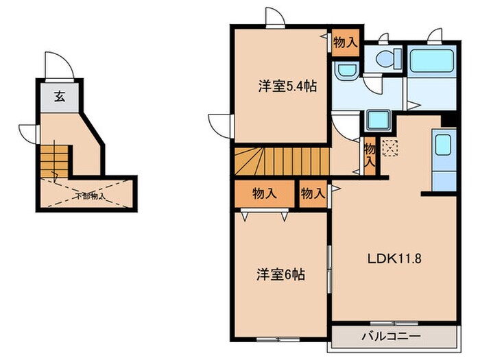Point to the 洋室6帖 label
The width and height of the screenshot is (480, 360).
[281, 275]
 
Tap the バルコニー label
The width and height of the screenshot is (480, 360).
[392, 337]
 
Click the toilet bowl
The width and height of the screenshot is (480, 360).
[387, 60]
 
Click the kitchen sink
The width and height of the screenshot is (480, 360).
[442, 145]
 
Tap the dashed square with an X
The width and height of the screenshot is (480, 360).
[389, 149]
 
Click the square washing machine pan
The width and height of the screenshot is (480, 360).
[377, 120]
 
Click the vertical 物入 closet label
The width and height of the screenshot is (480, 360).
[370, 156]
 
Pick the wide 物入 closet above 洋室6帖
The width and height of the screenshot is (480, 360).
[265, 194]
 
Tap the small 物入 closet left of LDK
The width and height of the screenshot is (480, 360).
[313, 194]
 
